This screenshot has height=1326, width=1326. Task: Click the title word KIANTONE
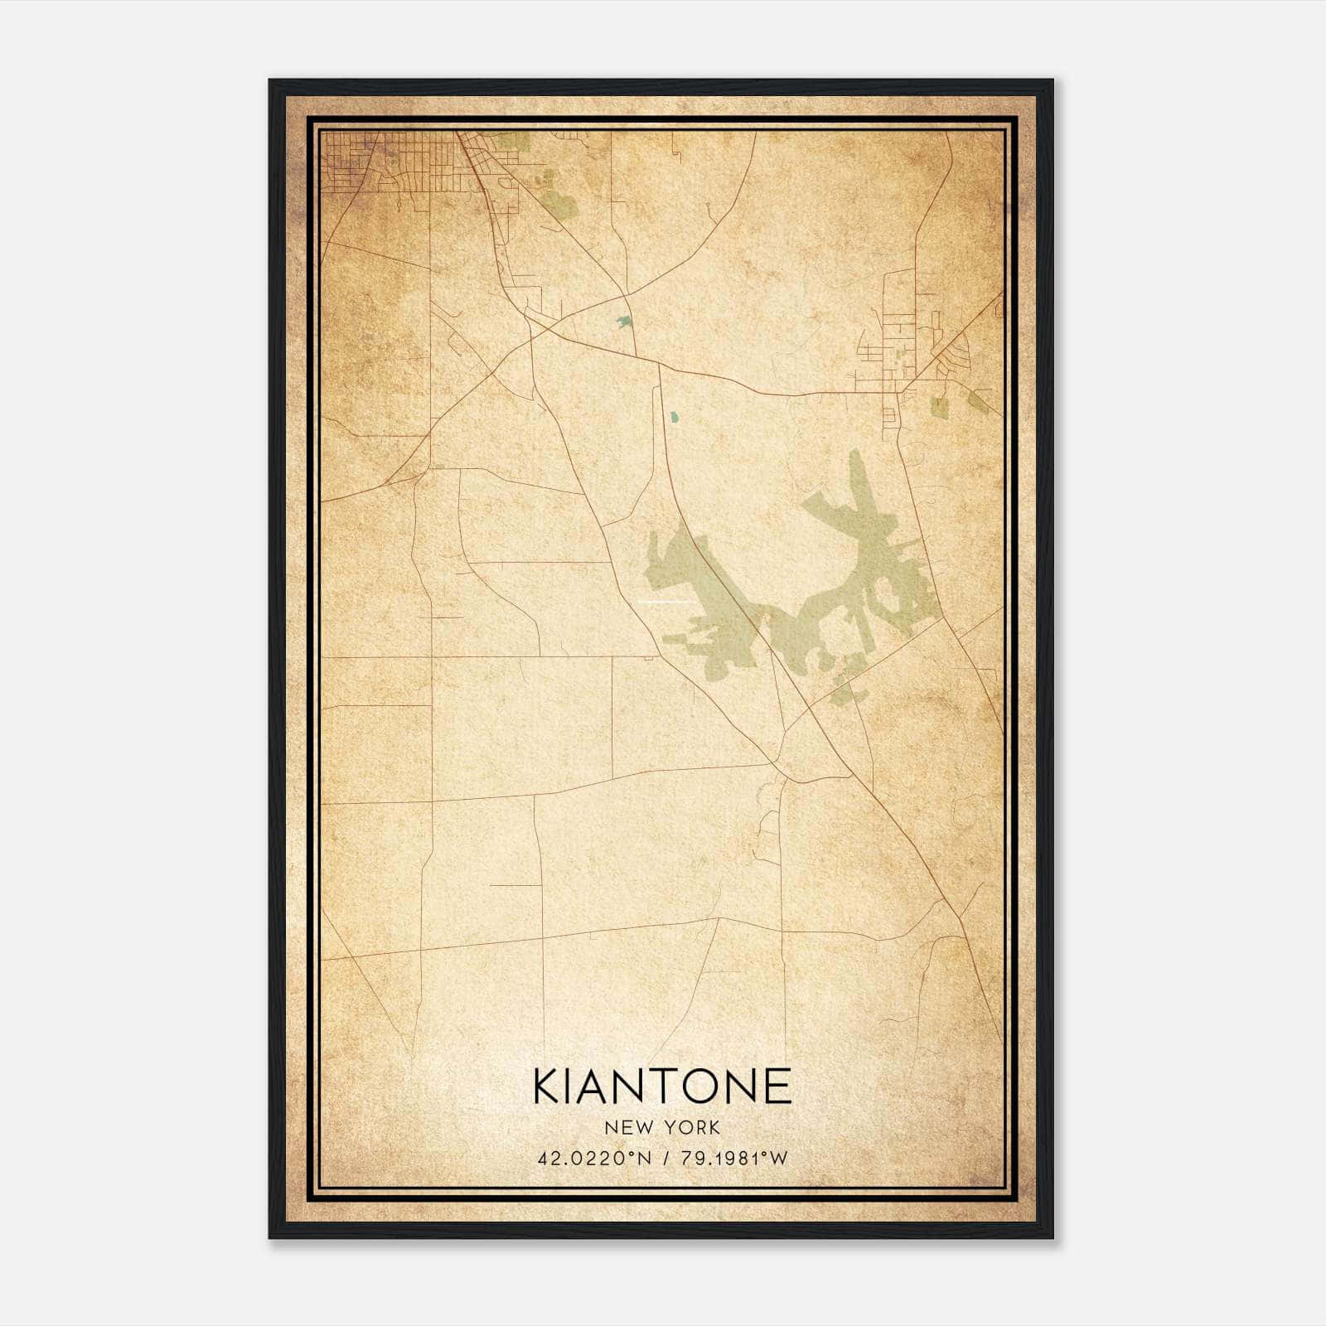(662, 1086)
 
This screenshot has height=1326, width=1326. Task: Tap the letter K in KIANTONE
(549, 1086)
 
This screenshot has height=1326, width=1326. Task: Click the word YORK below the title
(693, 1127)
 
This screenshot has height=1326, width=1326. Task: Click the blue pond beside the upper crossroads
(622, 322)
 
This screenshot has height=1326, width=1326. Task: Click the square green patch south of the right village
(939, 407)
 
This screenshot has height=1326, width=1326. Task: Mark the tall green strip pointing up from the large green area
(857, 481)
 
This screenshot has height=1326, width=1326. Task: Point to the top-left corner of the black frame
(271, 81)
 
